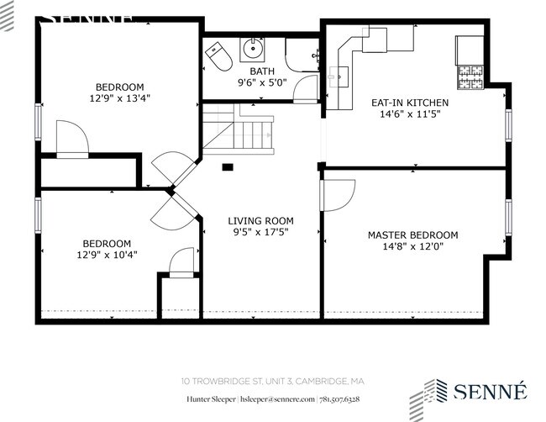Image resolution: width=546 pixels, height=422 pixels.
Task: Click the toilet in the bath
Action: [x=220, y=55]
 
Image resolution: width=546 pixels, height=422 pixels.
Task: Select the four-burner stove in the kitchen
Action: [x=469, y=78]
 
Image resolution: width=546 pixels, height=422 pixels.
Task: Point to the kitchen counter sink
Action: [x=339, y=78]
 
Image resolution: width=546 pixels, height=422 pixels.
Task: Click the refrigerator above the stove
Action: [x=467, y=50]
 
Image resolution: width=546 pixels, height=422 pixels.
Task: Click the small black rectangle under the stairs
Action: [x=227, y=166]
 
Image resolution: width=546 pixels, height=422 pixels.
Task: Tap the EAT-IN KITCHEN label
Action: [x=410, y=103]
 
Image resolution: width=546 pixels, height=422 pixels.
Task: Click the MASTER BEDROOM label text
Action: [x=412, y=235]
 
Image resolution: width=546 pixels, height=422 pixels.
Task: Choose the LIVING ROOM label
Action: [x=261, y=221]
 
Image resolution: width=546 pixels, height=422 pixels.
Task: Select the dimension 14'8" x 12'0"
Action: [x=412, y=247]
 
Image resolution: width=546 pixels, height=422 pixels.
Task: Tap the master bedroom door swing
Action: [x=338, y=195]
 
